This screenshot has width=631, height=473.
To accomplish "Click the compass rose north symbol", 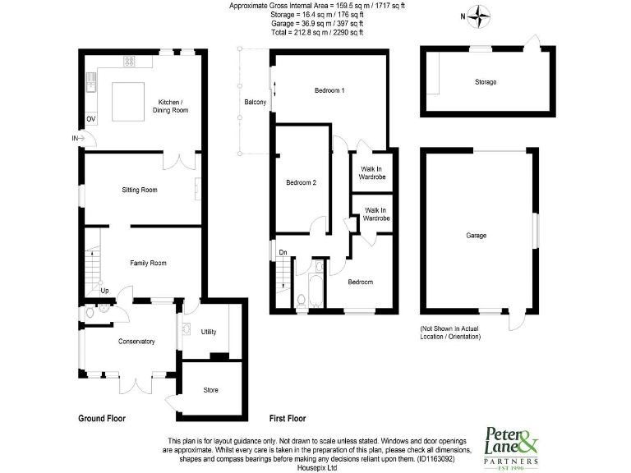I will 481,14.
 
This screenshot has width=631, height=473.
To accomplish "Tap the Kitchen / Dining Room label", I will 173,106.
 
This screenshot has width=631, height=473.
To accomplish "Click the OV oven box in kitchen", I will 91,119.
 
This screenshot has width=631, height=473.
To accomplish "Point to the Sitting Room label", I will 140,190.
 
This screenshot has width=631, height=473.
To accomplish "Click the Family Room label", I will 149,263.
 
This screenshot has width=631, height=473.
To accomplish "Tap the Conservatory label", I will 136,341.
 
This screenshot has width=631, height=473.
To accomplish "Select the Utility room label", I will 209,331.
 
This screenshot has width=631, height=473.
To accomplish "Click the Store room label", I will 211,389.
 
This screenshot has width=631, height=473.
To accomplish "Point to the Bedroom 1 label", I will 329,90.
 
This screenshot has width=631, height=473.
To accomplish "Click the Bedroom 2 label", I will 301,182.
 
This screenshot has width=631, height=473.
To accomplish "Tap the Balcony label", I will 255,102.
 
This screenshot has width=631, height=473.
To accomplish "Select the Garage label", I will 477,236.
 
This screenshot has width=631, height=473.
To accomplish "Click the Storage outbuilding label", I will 486,82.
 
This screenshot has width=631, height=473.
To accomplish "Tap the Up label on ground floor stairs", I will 104,290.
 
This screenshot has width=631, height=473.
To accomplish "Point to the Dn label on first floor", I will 283,252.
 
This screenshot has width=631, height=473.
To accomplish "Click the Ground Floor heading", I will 102,418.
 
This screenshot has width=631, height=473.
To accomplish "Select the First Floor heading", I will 288,418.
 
